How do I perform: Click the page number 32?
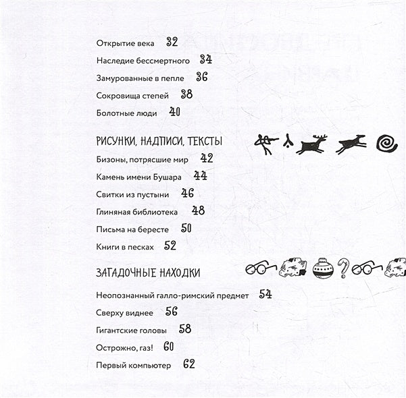point(172,42)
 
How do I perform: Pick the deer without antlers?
point(352,142)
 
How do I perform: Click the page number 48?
point(198,210)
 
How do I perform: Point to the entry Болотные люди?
point(126,113)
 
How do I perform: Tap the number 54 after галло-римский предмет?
point(265,294)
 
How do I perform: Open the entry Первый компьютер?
point(134,365)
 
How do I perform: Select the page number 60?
point(169,347)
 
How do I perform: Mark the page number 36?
point(201,77)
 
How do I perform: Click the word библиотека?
point(154,212)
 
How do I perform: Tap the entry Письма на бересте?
point(132,229)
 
